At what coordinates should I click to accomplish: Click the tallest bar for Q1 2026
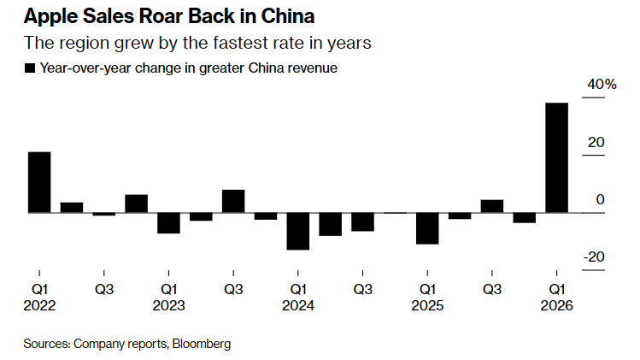pos(556,157)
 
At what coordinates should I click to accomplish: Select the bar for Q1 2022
pos(39,182)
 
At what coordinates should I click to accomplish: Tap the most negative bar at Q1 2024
pos(298,231)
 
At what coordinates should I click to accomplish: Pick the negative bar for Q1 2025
pos(427,228)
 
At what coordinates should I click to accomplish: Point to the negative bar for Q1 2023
pos(169,222)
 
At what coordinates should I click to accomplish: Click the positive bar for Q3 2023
pos(233,201)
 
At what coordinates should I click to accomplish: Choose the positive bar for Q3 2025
pos(492,206)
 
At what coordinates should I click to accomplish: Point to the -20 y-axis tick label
pos(595,257)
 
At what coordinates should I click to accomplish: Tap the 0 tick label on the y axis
pos(600,199)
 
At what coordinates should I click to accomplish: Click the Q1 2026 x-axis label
pos(556,297)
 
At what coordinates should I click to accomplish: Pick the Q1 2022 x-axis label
pos(39,297)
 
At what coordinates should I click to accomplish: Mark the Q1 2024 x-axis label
pos(298,297)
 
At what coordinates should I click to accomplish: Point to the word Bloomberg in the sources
pos(202,344)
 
